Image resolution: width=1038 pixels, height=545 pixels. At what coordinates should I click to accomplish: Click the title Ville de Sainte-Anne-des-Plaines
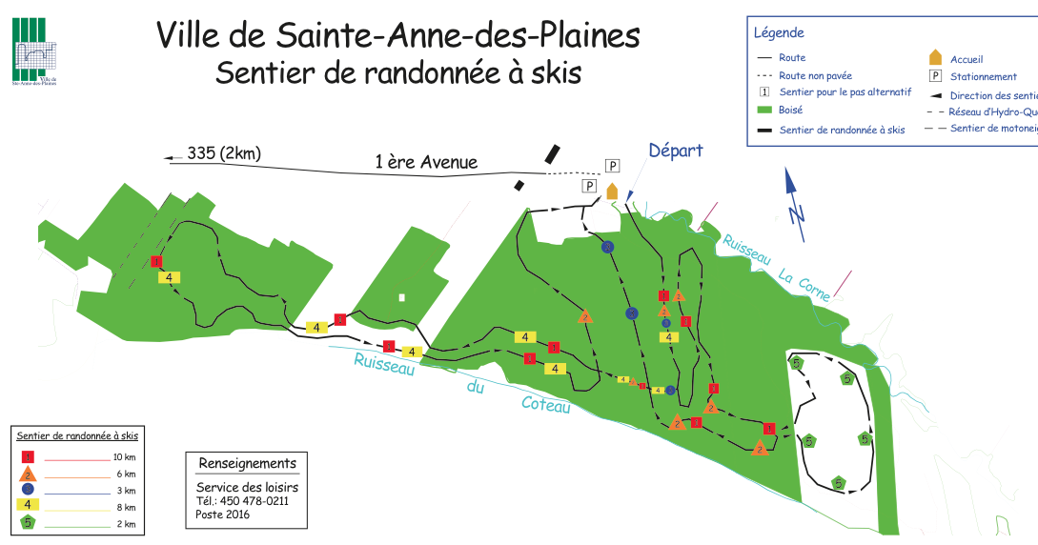point(397,35)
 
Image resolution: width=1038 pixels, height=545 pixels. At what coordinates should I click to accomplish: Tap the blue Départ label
point(675,151)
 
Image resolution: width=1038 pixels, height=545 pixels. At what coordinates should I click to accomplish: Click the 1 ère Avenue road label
point(426,163)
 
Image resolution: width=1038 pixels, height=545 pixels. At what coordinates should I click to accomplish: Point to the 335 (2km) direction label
point(224,153)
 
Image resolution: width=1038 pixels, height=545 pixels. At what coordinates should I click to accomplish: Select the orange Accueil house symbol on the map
point(612,191)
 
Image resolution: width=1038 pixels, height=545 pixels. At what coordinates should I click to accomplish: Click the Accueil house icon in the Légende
point(935,57)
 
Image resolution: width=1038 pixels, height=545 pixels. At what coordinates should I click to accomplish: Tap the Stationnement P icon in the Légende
point(935,76)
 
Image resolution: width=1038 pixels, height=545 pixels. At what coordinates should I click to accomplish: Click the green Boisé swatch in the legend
point(763,111)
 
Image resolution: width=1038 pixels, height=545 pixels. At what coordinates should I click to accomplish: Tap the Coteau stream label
point(546,404)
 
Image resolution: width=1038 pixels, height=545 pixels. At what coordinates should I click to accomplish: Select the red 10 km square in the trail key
point(28,458)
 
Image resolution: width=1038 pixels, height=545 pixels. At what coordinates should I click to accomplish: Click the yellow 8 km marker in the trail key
point(28,505)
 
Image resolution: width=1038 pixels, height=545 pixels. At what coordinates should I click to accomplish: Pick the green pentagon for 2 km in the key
point(28,522)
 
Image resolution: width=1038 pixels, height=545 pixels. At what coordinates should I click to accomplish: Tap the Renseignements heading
point(247,464)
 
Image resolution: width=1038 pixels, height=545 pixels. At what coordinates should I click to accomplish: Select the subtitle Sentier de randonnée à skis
point(397,72)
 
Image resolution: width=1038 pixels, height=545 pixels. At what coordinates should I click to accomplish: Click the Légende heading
point(779,32)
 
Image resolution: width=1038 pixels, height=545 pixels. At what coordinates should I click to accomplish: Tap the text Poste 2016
point(223,515)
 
